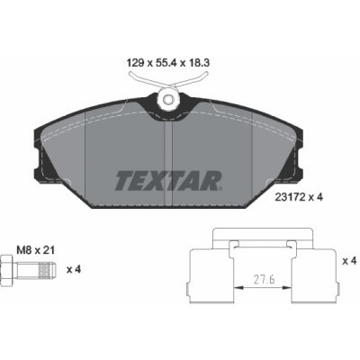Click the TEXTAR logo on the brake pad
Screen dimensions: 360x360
[168, 181]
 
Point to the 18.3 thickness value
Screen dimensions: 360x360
[199, 63]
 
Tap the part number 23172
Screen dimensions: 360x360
[291, 197]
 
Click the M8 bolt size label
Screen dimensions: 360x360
[24, 250]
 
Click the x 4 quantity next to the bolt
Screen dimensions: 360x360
[74, 269]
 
